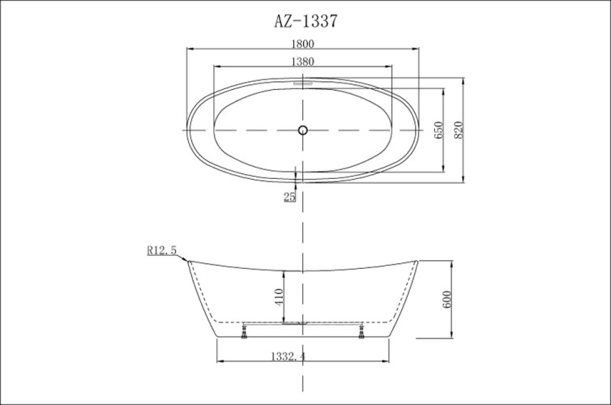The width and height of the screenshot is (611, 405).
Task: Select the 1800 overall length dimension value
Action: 303,44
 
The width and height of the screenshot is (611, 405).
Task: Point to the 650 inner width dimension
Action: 438,130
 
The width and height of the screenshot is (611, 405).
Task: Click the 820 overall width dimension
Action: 458,130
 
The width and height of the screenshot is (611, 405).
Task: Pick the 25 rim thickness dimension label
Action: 289,197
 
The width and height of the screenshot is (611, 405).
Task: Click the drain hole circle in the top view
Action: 303,130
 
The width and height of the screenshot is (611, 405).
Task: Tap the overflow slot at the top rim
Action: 303,81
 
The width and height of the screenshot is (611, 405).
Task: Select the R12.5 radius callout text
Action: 162,251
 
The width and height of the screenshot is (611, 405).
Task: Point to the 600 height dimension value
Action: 446,299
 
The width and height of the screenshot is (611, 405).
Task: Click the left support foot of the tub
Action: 243,330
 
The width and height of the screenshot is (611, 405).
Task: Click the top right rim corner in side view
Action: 417,261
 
